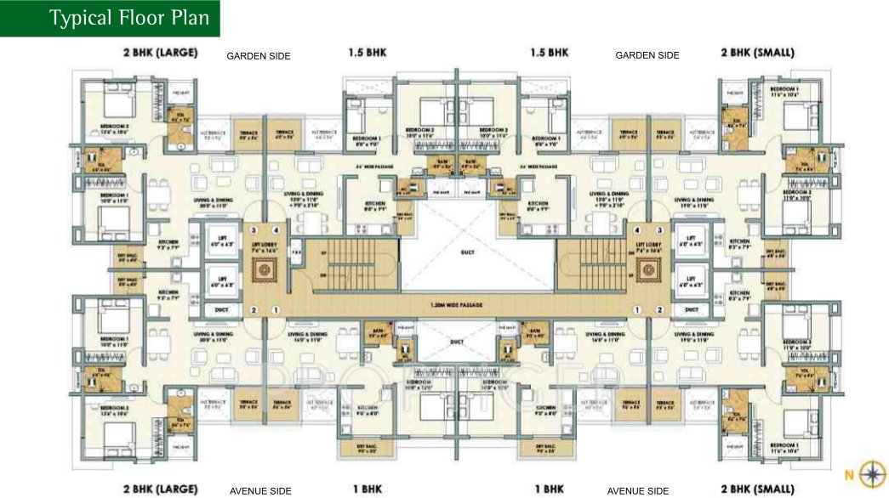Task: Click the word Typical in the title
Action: point(81,18)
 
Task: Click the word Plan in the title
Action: point(189,18)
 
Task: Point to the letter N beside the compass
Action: point(847,474)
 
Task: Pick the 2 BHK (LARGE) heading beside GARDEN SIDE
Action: point(160,53)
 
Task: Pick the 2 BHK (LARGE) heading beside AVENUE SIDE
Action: point(160,490)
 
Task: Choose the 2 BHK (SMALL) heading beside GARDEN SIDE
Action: point(757,53)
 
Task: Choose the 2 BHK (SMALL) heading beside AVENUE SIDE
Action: point(757,490)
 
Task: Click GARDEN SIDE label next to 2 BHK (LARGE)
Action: point(259,56)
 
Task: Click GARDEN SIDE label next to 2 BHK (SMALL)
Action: point(647,55)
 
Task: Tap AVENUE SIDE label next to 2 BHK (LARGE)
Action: point(260,491)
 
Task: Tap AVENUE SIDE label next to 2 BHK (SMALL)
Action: point(638,491)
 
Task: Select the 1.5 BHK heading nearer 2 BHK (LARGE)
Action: point(368,53)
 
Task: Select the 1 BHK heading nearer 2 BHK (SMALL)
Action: point(550,490)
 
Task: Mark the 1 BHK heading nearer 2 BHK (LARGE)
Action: point(368,490)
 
